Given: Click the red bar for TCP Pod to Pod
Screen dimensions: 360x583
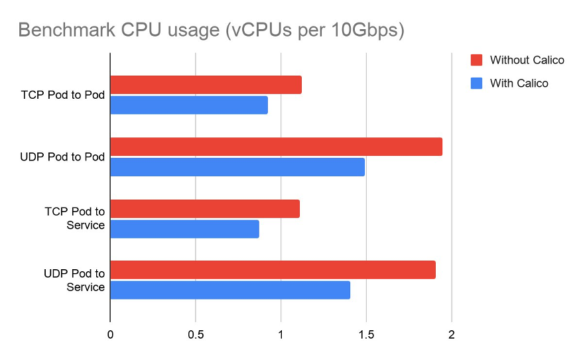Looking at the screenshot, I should click(206, 85).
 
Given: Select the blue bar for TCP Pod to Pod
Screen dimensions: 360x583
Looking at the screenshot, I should click(189, 105).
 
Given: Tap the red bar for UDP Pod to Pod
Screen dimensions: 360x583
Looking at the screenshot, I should click(276, 147).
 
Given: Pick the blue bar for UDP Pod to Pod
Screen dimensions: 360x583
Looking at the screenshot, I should click(237, 167).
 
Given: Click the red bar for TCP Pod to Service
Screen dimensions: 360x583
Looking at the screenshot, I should click(205, 209).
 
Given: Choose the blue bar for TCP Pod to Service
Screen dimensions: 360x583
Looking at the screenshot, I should click(184, 229).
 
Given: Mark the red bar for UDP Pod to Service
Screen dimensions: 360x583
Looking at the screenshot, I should click(273, 270).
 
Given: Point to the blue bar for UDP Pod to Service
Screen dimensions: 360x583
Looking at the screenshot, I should click(230, 290).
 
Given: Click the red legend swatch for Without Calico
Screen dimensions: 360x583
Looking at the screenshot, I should click(476, 60).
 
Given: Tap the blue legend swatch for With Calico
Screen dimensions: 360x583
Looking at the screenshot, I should click(476, 84).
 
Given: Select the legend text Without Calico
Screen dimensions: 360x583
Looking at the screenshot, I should click(527, 60).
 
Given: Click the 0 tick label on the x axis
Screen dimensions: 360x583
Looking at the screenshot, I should click(110, 335).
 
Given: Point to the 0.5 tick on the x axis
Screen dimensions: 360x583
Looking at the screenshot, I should click(195, 335).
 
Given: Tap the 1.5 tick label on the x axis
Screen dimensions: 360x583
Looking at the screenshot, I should click(365, 335).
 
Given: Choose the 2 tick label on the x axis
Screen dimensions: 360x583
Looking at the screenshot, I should click(451, 335).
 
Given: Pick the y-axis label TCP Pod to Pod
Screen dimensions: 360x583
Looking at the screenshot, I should click(63, 95).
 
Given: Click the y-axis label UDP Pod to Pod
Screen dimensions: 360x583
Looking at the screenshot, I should click(62, 156).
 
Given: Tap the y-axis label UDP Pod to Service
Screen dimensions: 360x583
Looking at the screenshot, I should click(74, 280).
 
